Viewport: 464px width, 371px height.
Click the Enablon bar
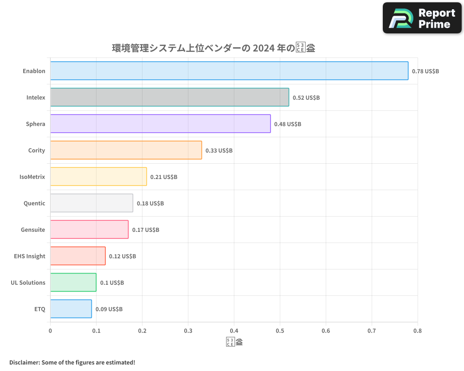(229, 71)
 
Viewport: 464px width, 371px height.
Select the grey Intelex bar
(169, 97)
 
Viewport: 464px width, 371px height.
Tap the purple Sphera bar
(160, 124)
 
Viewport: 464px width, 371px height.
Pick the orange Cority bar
(126, 150)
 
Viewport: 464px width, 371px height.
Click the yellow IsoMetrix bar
(98, 177)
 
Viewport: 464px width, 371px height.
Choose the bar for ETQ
(71, 309)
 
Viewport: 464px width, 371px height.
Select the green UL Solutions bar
(73, 282)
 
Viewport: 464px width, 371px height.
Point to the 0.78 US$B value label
(425, 71)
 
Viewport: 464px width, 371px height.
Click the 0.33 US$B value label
(219, 151)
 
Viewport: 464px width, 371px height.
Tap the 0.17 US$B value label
(146, 230)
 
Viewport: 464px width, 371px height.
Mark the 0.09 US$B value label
(109, 309)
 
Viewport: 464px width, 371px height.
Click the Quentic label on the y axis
(34, 203)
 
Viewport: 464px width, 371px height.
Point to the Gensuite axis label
(33, 230)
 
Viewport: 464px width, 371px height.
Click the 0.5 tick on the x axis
(280, 331)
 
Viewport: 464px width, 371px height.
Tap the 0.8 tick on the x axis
(418, 331)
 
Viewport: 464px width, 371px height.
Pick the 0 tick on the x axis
(50, 331)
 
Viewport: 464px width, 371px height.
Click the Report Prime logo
(422, 18)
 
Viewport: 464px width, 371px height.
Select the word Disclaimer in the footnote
(24, 362)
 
